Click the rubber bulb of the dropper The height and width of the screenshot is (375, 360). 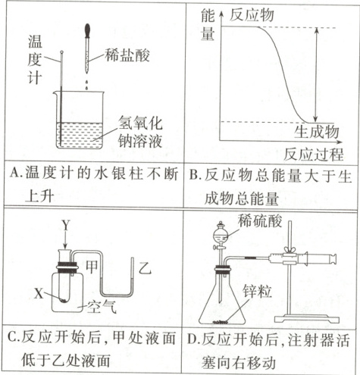pyautogui.click(x=87, y=30)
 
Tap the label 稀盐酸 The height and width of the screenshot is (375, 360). pyautogui.click(x=127, y=55)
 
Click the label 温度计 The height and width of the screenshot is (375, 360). pyautogui.click(x=34, y=59)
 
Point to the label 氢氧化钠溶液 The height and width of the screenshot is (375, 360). pyautogui.click(x=140, y=132)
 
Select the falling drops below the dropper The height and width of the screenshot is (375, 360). pyautogui.click(x=87, y=85)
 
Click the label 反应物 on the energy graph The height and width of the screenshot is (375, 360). pyautogui.click(x=252, y=14)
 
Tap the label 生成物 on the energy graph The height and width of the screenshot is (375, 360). pyautogui.click(x=317, y=131)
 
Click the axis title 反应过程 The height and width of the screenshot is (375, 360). pyautogui.click(x=313, y=154)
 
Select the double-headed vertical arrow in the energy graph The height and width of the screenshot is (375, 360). pyautogui.click(x=316, y=74)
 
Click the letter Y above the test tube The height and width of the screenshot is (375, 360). pyautogui.click(x=66, y=225)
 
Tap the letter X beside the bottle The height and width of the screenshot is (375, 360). pyautogui.click(x=39, y=293)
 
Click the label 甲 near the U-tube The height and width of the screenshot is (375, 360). pyautogui.click(x=92, y=267)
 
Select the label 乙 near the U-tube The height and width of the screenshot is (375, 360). pyautogui.click(x=145, y=267)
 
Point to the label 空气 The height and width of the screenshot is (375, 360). pyautogui.click(x=102, y=307)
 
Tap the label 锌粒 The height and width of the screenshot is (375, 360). pyautogui.click(x=258, y=291)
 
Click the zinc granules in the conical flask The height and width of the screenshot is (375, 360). pyautogui.click(x=220, y=322)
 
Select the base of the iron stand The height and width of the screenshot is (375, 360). pyautogui.click(x=307, y=318)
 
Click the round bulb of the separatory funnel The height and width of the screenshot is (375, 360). pyautogui.click(x=221, y=235)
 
